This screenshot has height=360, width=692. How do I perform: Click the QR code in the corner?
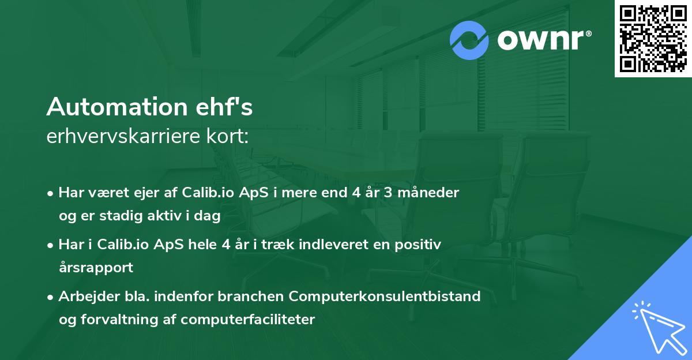click(x=653, y=39)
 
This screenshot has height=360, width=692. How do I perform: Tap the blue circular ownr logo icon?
click(x=469, y=40)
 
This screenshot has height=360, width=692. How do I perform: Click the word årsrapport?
click(x=96, y=268)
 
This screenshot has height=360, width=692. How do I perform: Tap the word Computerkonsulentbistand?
click(x=385, y=297)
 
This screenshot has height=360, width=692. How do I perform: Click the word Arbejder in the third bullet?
click(x=84, y=297)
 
